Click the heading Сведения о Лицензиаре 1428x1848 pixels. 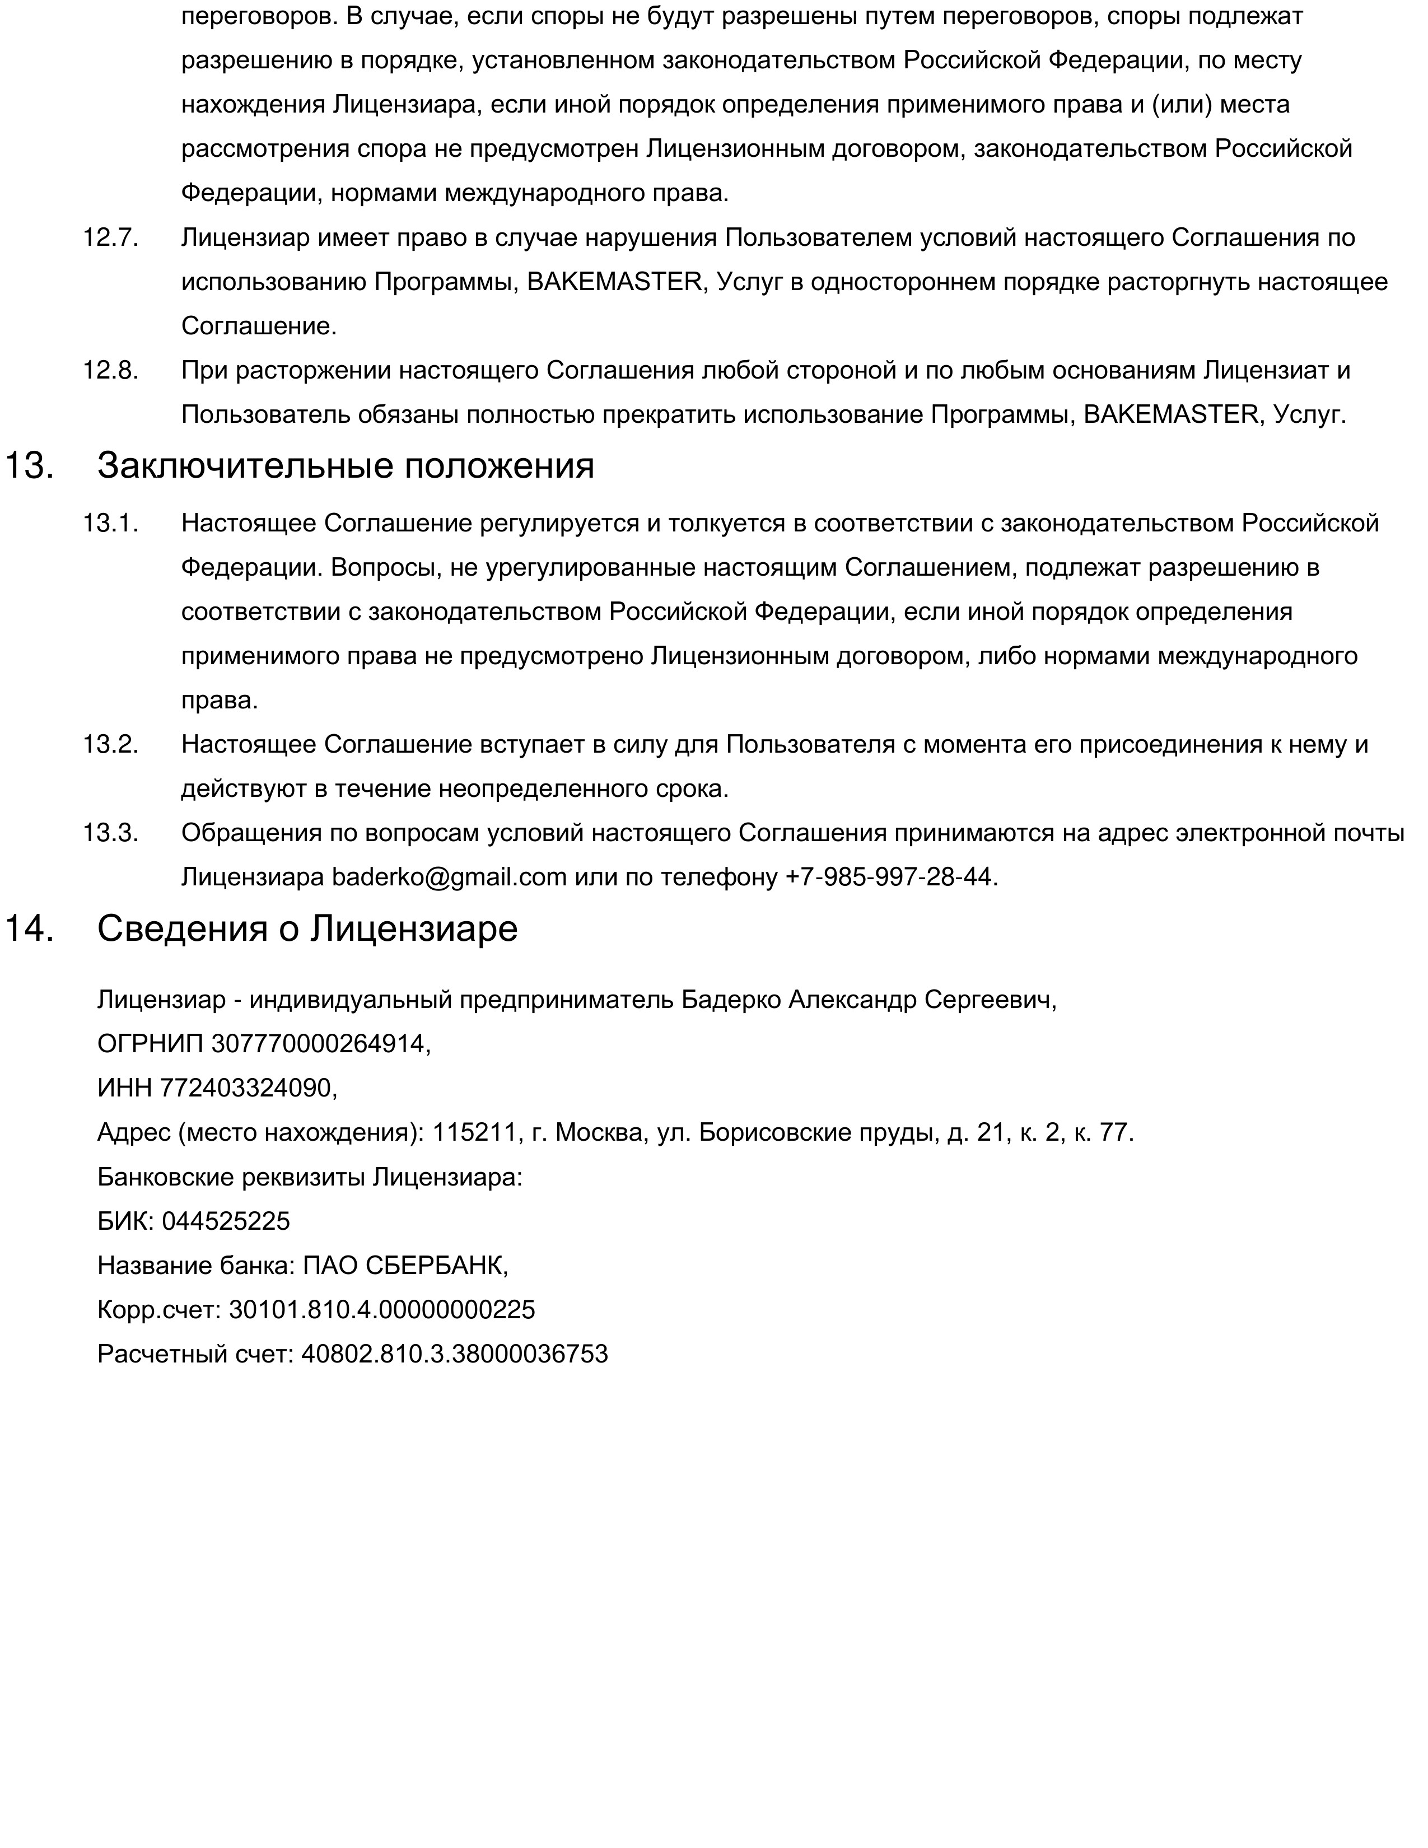307,929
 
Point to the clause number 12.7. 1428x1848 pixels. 110,238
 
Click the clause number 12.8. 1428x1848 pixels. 110,371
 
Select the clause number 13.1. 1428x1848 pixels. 110,524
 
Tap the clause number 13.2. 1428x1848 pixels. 110,745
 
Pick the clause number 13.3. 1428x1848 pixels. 110,833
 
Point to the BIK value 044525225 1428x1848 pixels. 226,1221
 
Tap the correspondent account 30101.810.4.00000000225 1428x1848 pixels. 381,1310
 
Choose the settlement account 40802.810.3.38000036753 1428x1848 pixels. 454,1354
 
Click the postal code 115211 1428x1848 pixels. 474,1132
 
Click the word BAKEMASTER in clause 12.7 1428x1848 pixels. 614,282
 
